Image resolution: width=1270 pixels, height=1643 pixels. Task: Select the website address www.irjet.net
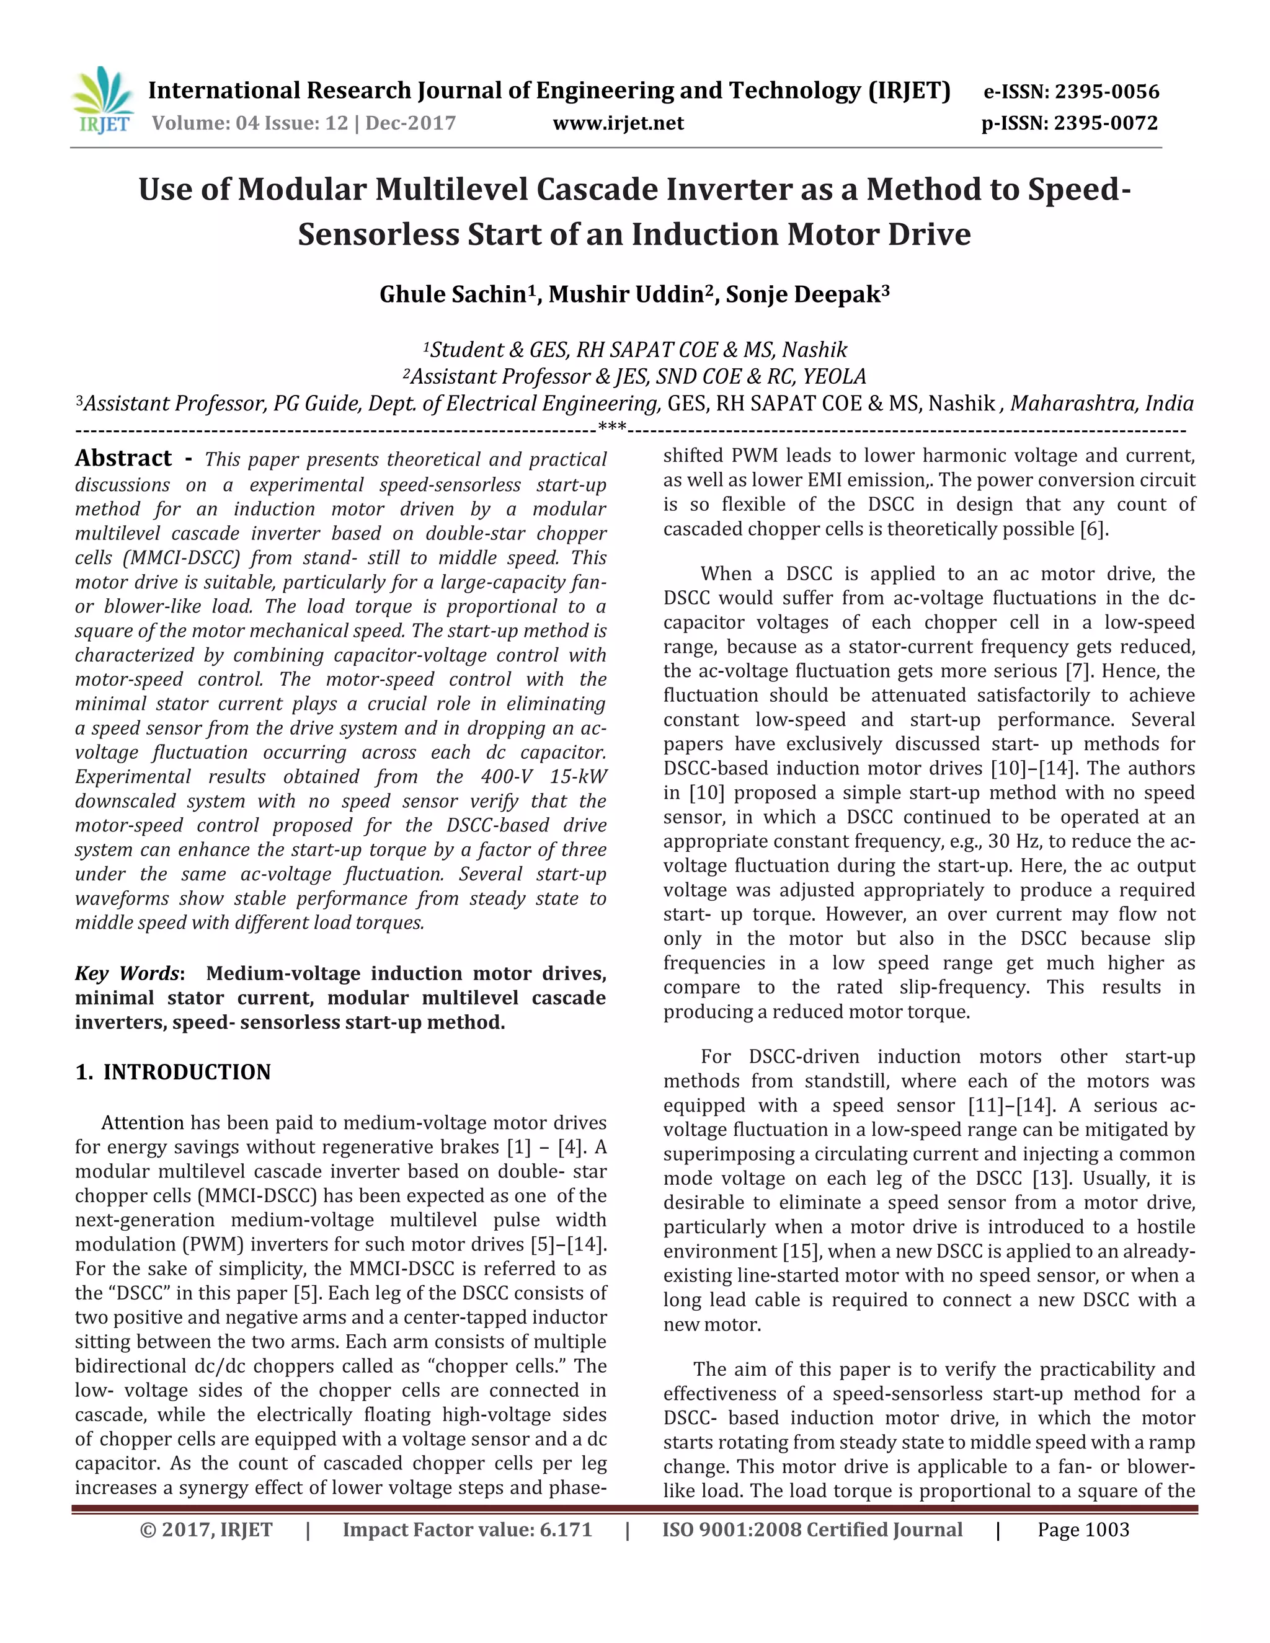[x=618, y=123]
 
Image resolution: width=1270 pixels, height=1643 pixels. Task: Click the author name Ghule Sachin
[x=451, y=294]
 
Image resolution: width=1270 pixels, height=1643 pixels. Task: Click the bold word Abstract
[x=123, y=458]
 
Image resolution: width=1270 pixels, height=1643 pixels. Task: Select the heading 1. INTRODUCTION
[x=173, y=1072]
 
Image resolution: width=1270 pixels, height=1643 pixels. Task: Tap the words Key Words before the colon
[x=127, y=973]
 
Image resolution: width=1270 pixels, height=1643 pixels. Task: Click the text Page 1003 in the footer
[x=1083, y=1530]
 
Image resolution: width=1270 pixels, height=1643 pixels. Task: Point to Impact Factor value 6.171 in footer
[x=467, y=1530]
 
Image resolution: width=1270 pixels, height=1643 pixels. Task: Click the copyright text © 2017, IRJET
[x=206, y=1530]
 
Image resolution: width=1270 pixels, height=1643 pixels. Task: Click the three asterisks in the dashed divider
[x=611, y=429]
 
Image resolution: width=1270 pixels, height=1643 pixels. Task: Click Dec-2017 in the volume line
[x=411, y=123]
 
